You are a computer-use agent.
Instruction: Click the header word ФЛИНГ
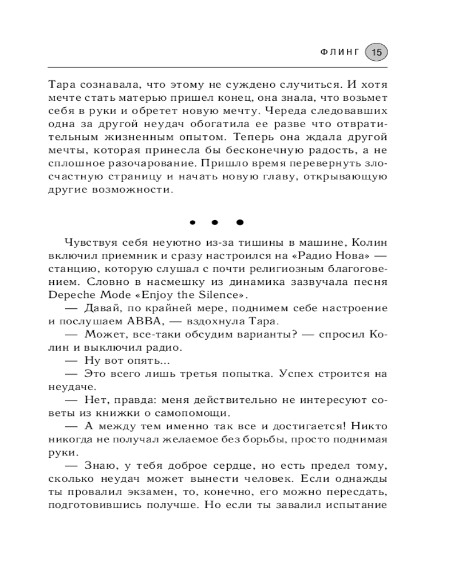tap(339, 52)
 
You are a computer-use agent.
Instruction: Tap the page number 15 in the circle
tap(376, 52)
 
